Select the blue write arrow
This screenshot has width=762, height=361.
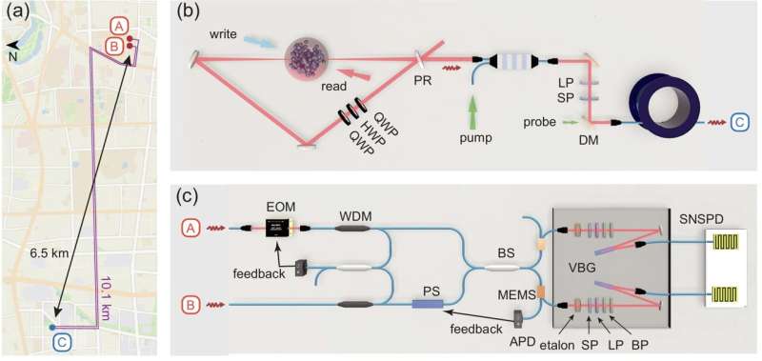(x=266, y=43)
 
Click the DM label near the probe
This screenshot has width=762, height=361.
(x=591, y=140)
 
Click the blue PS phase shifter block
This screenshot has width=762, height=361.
(x=428, y=304)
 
